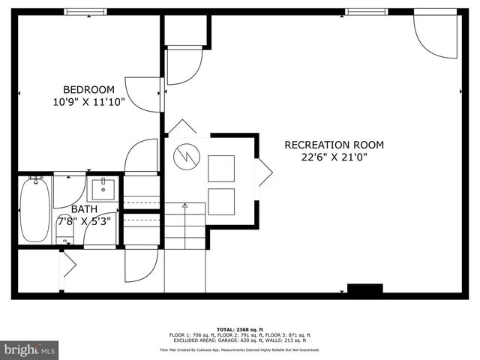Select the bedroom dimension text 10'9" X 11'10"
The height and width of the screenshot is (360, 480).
click(x=88, y=100)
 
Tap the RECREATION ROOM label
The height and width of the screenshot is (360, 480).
click(x=334, y=145)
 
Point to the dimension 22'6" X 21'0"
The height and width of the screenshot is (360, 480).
click(x=334, y=157)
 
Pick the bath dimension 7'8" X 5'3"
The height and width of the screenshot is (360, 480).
click(x=84, y=220)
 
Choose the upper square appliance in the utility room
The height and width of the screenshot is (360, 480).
click(x=220, y=168)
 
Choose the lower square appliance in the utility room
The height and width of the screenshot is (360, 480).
click(x=220, y=201)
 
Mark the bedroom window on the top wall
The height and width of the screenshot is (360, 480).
click(x=85, y=11)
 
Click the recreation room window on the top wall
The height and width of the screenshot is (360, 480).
click(x=366, y=11)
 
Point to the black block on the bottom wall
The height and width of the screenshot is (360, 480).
click(x=364, y=289)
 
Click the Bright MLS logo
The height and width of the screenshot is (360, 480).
click(x=30, y=349)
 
